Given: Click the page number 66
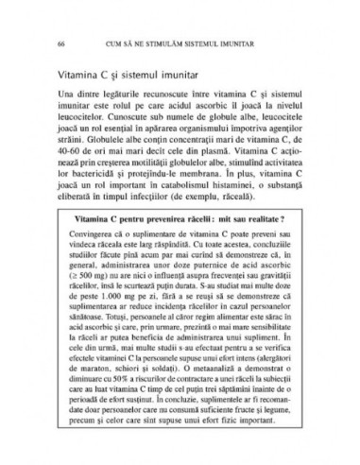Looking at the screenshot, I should click(x=61, y=43).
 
